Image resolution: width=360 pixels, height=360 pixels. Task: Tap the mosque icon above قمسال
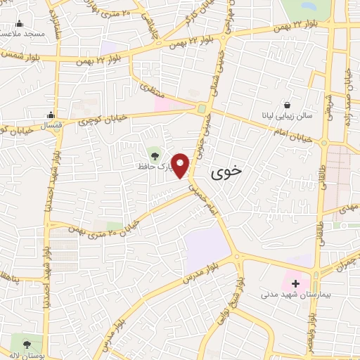point(50,115)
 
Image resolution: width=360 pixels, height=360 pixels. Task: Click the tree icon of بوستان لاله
point(27,344)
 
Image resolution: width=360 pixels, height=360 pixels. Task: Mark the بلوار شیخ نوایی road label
point(236,291)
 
